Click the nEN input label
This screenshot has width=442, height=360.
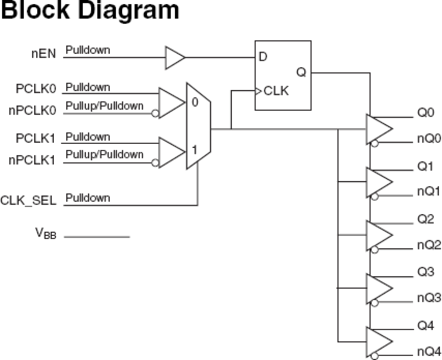tap(44, 54)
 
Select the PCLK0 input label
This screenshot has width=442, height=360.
tap(36, 89)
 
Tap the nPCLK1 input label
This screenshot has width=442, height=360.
tap(32, 160)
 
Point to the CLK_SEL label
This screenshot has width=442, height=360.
tap(28, 200)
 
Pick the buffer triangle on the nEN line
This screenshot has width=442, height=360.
tap(174, 58)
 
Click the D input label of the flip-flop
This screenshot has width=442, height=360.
tap(263, 57)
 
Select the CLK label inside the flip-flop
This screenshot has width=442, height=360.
tap(276, 91)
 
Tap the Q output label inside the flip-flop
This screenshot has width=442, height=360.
tap(301, 72)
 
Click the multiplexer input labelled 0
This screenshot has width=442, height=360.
tap(195, 102)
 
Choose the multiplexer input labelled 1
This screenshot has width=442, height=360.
tap(194, 150)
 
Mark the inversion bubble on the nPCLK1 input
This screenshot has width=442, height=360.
tap(155, 163)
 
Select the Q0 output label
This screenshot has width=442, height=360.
tap(425, 113)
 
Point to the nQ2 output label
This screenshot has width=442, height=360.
tap(429, 245)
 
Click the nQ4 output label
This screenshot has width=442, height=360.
tap(429, 352)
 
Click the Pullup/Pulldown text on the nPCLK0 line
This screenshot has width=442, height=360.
tap(105, 106)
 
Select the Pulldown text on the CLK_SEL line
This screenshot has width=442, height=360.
tap(88, 198)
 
